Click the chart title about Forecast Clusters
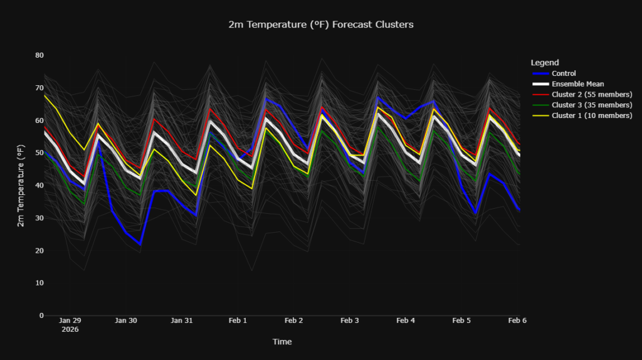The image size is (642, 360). pyautogui.click(x=321, y=24)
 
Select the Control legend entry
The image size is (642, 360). pyautogui.click(x=564, y=73)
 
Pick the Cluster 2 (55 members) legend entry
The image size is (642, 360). pyautogui.click(x=592, y=94)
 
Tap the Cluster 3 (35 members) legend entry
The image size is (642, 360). pyautogui.click(x=592, y=105)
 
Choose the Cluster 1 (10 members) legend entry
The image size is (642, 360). pyautogui.click(x=592, y=115)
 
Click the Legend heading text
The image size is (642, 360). pyautogui.click(x=545, y=63)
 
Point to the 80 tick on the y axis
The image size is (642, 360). pyautogui.click(x=39, y=55)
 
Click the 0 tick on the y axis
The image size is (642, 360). pyautogui.click(x=41, y=315)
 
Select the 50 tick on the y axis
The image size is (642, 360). pyautogui.click(x=39, y=153)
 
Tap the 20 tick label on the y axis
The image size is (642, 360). pyautogui.click(x=39, y=251)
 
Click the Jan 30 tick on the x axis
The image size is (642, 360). pyautogui.click(x=126, y=320)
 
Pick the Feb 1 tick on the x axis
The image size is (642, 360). pyautogui.click(x=238, y=320)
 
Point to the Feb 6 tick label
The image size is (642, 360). pyautogui.click(x=517, y=320)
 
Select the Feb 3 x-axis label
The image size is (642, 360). pyautogui.click(x=349, y=320)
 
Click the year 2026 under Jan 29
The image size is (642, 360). pyautogui.click(x=70, y=329)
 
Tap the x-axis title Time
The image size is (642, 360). pyautogui.click(x=282, y=342)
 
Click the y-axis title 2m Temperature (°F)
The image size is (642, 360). pyautogui.click(x=21, y=186)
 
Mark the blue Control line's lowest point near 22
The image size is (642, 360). pyautogui.click(x=140, y=244)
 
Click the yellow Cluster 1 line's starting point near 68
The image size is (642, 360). pyautogui.click(x=45, y=95)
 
